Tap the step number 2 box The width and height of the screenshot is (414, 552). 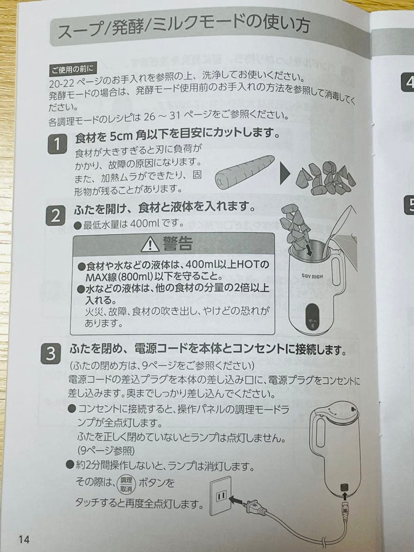point(55,216)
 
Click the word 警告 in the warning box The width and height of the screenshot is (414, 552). point(177,244)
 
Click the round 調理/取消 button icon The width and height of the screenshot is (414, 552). point(126,484)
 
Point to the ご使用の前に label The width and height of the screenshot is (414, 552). point(69,69)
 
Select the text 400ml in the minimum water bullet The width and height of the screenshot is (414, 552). point(149,224)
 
